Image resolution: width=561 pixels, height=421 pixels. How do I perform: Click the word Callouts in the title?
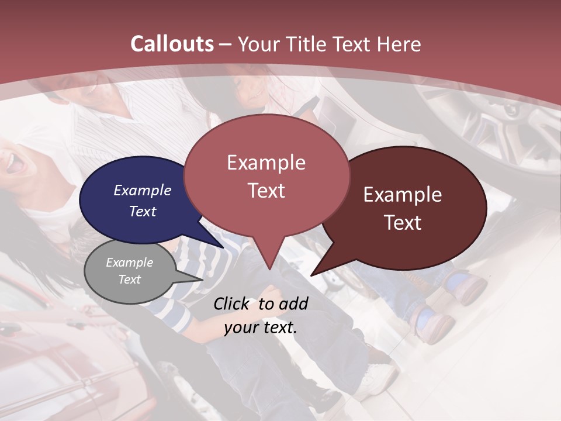pyautogui.click(x=172, y=44)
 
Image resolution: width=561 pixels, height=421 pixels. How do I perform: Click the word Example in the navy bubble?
pyautogui.click(x=142, y=190)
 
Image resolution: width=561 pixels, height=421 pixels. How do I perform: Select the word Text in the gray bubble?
pyautogui.click(x=130, y=279)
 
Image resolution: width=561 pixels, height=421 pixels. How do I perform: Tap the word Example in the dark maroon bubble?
pyautogui.click(x=403, y=195)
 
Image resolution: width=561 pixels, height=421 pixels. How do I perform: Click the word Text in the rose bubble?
pyautogui.click(x=266, y=191)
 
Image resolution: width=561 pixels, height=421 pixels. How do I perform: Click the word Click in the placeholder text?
pyautogui.click(x=232, y=303)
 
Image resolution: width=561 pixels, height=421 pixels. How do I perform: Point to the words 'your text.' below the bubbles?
pyautogui.click(x=261, y=327)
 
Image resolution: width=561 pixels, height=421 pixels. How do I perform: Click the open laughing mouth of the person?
pyautogui.click(x=14, y=164)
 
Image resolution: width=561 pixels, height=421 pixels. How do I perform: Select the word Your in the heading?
pyautogui.click(x=259, y=44)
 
